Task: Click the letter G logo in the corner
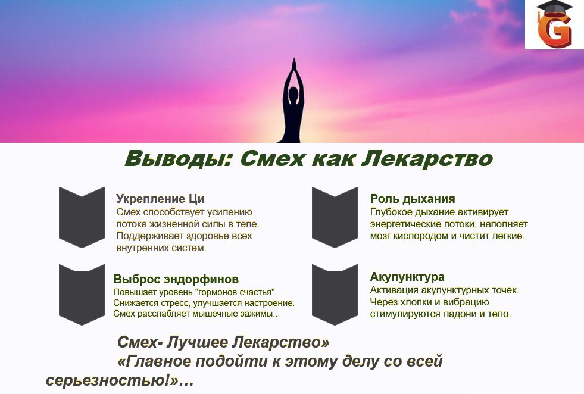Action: [x=554, y=29]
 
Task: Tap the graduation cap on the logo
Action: [x=554, y=9]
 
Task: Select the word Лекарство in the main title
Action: [x=427, y=159]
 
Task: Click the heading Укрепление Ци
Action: [x=160, y=199]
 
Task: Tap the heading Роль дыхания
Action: [x=413, y=199]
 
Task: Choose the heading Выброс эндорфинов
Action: [x=176, y=279]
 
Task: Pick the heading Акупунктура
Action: [x=407, y=277]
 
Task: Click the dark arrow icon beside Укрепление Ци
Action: [x=82, y=217]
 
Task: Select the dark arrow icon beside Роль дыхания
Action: [x=335, y=217]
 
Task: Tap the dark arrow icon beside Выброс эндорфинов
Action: [x=82, y=295]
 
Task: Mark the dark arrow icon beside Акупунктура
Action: [x=335, y=295]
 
